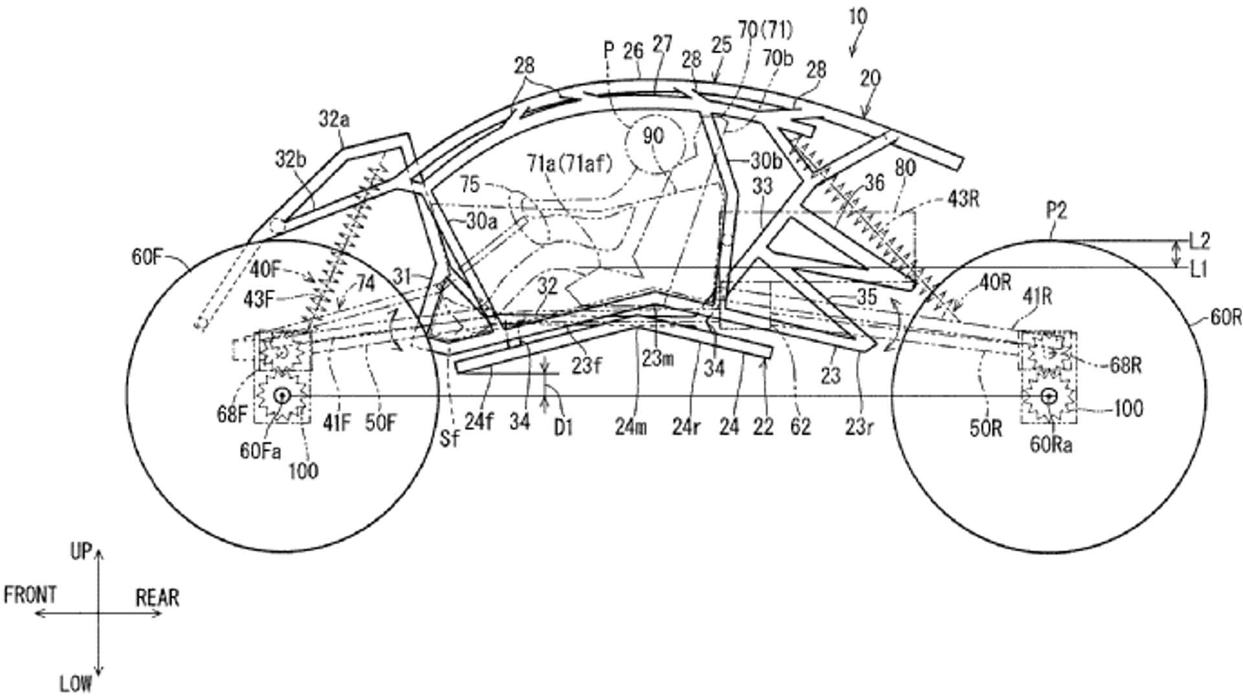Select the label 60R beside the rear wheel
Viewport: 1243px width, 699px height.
pyautogui.click(x=1225, y=317)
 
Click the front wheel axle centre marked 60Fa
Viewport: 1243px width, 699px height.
pyautogui.click(x=282, y=395)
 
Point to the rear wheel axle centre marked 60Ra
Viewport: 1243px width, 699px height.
pyautogui.click(x=1049, y=395)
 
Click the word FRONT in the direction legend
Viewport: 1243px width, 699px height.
pyautogui.click(x=30, y=595)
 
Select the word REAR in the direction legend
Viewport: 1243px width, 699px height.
pyautogui.click(x=157, y=597)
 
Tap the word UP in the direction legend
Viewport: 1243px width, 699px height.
pyautogui.click(x=81, y=551)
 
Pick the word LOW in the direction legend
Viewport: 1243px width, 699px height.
pyautogui.click(x=76, y=684)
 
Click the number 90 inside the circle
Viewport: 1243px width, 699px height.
pyautogui.click(x=653, y=135)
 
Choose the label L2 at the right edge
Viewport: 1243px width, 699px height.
pyautogui.click(x=1200, y=241)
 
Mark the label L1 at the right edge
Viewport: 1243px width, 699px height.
pyautogui.click(x=1200, y=269)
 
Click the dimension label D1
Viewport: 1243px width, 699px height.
pyautogui.click(x=563, y=427)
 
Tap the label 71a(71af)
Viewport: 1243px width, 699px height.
pyautogui.click(x=569, y=164)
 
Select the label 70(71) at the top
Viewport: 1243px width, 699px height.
pyautogui.click(x=765, y=29)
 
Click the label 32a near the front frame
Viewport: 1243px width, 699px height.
pyautogui.click(x=334, y=119)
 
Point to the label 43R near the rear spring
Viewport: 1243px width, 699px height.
pyautogui.click(x=963, y=199)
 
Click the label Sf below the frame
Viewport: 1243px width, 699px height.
pyautogui.click(x=449, y=438)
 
